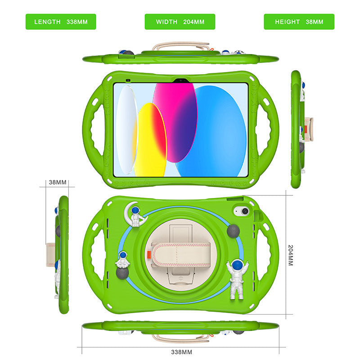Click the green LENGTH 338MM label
pos(61,22)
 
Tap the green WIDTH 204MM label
pos(180,22)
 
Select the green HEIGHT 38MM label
pos(299,22)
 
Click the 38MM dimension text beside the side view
pos(58,182)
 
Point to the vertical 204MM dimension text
pos(290,255)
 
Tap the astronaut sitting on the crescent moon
pos(135,213)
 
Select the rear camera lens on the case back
pos(244,211)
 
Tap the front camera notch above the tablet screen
pos(180,81)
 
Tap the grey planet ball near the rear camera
pos(233,230)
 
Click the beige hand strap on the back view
pos(179,255)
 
